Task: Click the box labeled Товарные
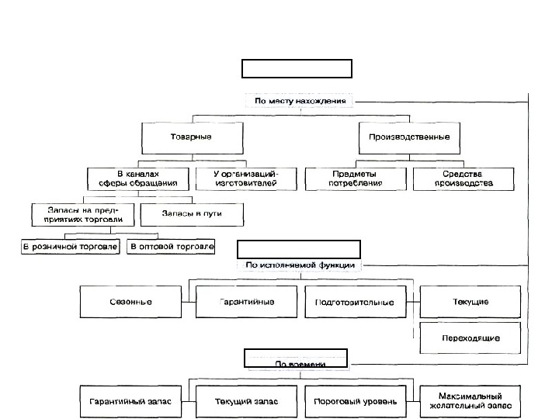[190, 137]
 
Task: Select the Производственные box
[409, 137]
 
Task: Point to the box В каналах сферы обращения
[138, 178]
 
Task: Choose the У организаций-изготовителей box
[245, 178]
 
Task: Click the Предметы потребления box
[356, 178]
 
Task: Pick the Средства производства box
[464, 178]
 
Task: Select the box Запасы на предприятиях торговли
[82, 214]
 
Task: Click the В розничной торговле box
[71, 247]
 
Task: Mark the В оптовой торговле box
[172, 247]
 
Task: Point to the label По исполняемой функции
[300, 265]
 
